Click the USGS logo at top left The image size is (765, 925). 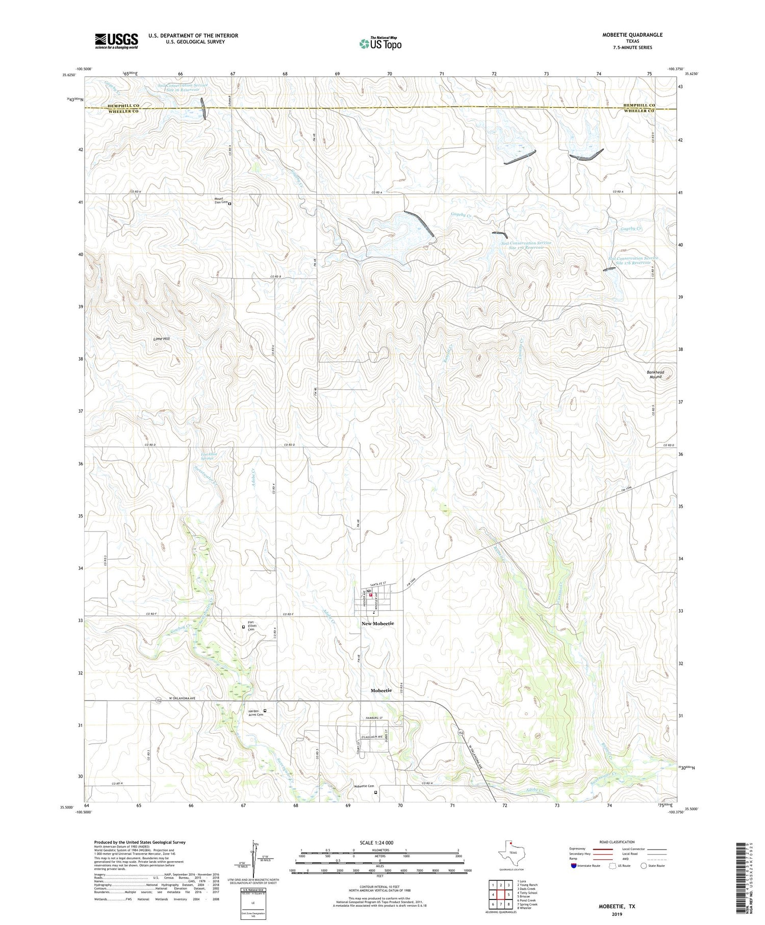coord(116,41)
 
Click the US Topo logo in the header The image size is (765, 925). coord(380,44)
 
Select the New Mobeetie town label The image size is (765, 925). coord(378,623)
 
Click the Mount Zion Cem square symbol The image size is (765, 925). coord(229,204)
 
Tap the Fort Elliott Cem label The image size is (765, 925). coord(251,626)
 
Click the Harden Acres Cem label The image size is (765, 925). coord(256,713)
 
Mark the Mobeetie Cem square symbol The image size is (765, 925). coord(376,793)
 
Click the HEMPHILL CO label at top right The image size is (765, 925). coord(640,105)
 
